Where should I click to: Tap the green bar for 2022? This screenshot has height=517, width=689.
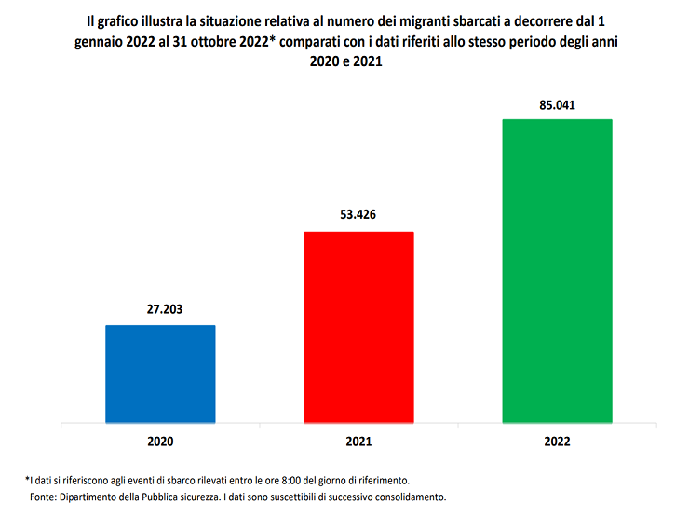(x=557, y=270)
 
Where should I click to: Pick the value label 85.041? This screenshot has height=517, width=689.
(x=557, y=104)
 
